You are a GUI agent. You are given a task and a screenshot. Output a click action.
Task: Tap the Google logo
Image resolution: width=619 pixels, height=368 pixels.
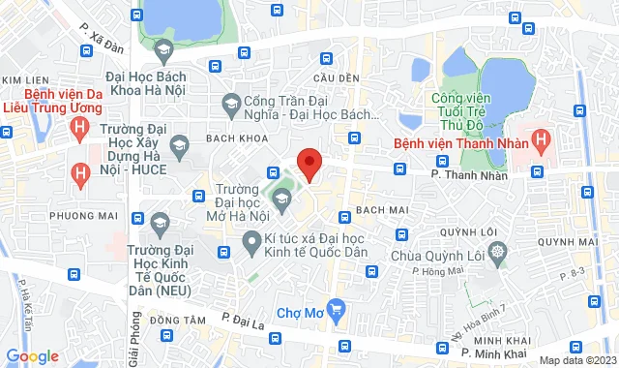click(x=31, y=356)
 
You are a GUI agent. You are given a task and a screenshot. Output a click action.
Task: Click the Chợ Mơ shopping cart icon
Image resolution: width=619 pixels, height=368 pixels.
click(x=336, y=311)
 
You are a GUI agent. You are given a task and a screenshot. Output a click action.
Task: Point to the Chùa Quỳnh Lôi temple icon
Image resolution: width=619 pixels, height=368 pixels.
click(x=497, y=253)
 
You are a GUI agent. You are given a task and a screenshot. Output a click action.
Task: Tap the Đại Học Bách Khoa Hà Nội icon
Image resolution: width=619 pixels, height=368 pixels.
click(x=162, y=49)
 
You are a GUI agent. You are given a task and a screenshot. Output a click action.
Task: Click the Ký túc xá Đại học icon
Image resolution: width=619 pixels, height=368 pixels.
click(x=252, y=249)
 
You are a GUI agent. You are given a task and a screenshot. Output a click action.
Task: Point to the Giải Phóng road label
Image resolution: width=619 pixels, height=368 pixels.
click(x=134, y=343)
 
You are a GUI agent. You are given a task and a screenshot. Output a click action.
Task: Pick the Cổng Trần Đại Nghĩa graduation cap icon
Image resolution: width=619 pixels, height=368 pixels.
click(x=231, y=102)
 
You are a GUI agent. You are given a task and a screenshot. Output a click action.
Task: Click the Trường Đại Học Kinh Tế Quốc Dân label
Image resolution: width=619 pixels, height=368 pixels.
click(x=161, y=270)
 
